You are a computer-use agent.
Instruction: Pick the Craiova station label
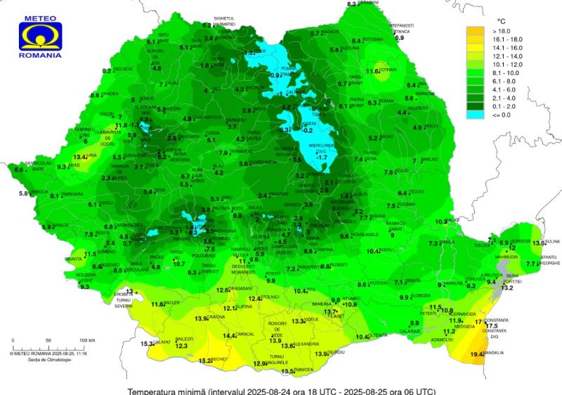pyautogui.click(x=216, y=318)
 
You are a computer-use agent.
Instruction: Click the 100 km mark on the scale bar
pyautogui.click(x=86, y=340)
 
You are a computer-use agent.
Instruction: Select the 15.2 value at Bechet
pyautogui.click(x=205, y=361)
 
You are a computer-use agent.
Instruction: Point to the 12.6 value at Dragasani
pyautogui.click(x=223, y=290)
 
